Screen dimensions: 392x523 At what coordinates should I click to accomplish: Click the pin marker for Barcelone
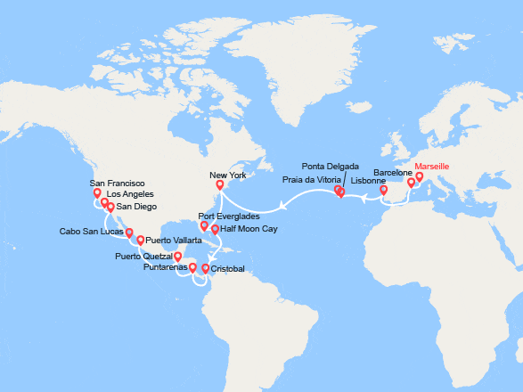pos(411,183)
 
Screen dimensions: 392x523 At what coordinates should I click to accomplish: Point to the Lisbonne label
pos(368,181)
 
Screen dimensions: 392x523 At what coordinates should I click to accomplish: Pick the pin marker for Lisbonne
pos(384,190)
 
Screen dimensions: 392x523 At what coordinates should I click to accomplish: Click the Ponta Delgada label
pos(331,167)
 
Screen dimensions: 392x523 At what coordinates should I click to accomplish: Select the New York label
pos(226,176)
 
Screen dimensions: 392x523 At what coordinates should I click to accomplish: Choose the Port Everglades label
pos(230,216)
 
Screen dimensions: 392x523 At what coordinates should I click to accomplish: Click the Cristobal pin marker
pos(206,268)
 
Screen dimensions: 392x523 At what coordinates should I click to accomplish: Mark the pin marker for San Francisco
pos(96,192)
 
